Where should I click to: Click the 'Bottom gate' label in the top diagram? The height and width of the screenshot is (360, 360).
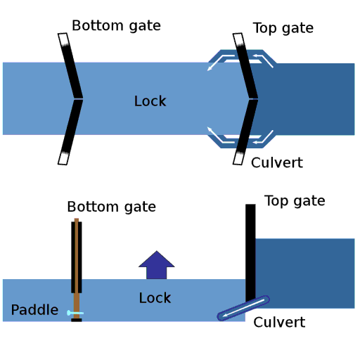pyautogui.click(x=116, y=26)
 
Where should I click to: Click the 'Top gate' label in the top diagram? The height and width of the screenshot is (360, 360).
pyautogui.click(x=283, y=28)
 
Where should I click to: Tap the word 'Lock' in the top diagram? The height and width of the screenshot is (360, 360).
pyautogui.click(x=150, y=101)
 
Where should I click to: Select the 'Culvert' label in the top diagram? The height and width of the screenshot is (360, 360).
pyautogui.click(x=276, y=163)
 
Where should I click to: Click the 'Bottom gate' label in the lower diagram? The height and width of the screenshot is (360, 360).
pyautogui.click(x=111, y=207)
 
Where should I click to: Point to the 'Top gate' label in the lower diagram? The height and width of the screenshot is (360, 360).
pyautogui.click(x=294, y=201)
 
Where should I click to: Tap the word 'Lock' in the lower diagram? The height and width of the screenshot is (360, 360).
pyautogui.click(x=155, y=298)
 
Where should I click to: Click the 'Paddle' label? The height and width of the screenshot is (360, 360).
pyautogui.click(x=34, y=310)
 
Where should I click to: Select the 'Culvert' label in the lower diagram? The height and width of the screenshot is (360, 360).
pyautogui.click(x=279, y=323)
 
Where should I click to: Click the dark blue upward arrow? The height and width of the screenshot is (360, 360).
pyautogui.click(x=156, y=266)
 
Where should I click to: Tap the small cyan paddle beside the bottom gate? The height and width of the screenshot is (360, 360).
pyautogui.click(x=75, y=313)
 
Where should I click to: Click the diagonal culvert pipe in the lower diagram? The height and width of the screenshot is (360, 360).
pyautogui.click(x=243, y=308)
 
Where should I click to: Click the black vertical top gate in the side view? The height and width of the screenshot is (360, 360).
pyautogui.click(x=250, y=253)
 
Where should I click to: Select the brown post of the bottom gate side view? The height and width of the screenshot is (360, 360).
pyautogui.click(x=77, y=267)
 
